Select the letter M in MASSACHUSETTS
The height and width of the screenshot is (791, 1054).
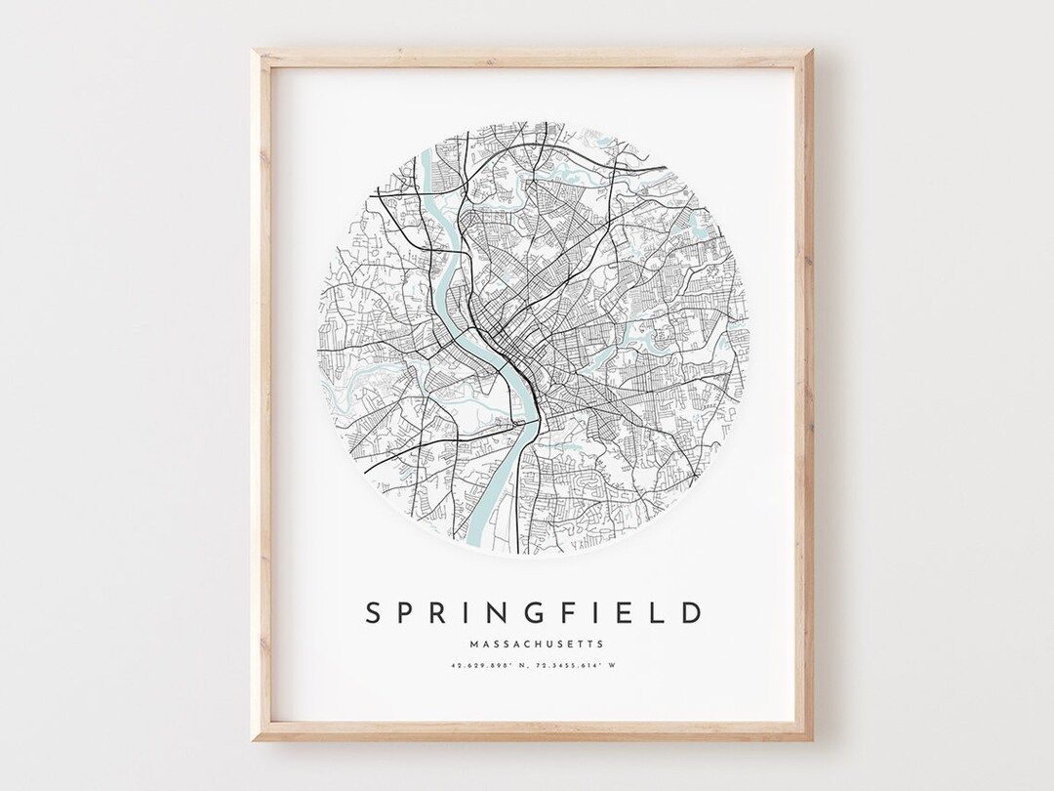[x=473, y=644]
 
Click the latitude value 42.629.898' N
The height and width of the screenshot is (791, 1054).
[x=486, y=667]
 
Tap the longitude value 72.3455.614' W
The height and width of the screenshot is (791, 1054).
[x=576, y=667]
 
